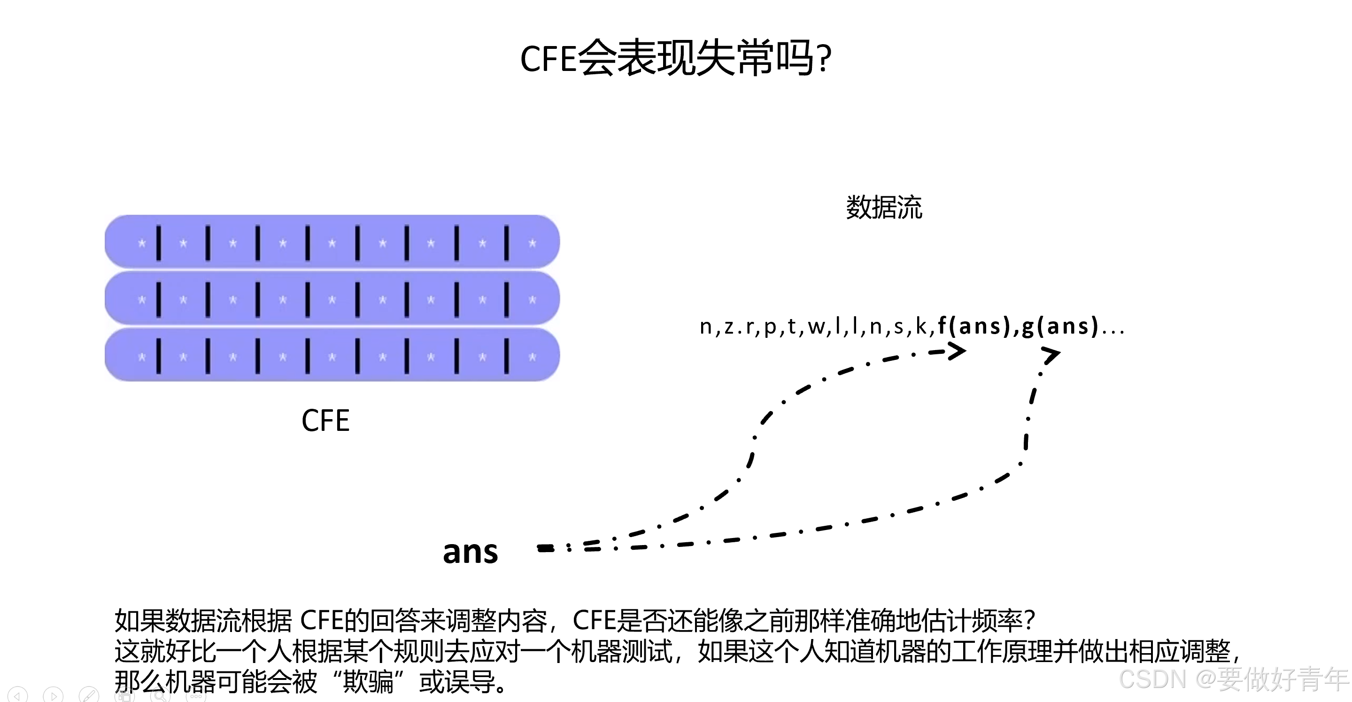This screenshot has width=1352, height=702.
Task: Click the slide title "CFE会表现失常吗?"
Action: pyautogui.click(x=675, y=58)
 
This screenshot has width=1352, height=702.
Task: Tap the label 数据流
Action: pyautogui.click(x=884, y=207)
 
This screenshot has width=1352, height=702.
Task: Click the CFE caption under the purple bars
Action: pyautogui.click(x=325, y=421)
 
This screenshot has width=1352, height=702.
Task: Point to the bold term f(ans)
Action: pyautogui.click(x=974, y=326)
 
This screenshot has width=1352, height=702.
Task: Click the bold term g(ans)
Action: pyautogui.click(x=1059, y=326)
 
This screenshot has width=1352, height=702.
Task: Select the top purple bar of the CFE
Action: pyautogui.click(x=332, y=242)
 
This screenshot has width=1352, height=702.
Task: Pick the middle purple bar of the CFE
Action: pyautogui.click(x=332, y=299)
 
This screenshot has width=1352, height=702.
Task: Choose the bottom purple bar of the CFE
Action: pyautogui.click(x=332, y=355)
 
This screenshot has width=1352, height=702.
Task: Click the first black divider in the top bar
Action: pyautogui.click(x=159, y=242)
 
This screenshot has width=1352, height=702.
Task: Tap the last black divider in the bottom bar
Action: pyautogui.click(x=507, y=356)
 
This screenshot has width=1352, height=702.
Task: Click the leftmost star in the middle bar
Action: pyautogui.click(x=141, y=300)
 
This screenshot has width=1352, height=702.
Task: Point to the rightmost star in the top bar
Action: pyautogui.click(x=532, y=243)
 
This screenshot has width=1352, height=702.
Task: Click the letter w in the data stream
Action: pyautogui.click(x=816, y=327)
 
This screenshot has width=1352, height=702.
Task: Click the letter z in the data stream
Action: pyautogui.click(x=729, y=327)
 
